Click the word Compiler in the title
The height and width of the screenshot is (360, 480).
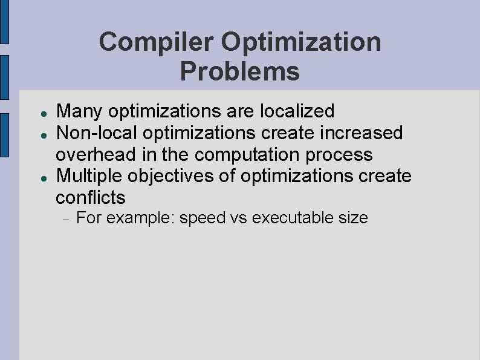tap(157, 42)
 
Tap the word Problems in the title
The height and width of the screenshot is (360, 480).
tap(239, 71)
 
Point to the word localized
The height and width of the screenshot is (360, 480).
tap(297, 111)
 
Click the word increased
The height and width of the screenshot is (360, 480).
tap(362, 133)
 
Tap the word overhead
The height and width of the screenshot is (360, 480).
tap(96, 154)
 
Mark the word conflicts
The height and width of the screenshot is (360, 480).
tap(91, 198)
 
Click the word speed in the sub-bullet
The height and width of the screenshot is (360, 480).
tap(203, 218)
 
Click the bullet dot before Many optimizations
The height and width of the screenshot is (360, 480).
tap(37, 113)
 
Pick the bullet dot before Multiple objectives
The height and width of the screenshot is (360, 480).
tap(37, 178)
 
